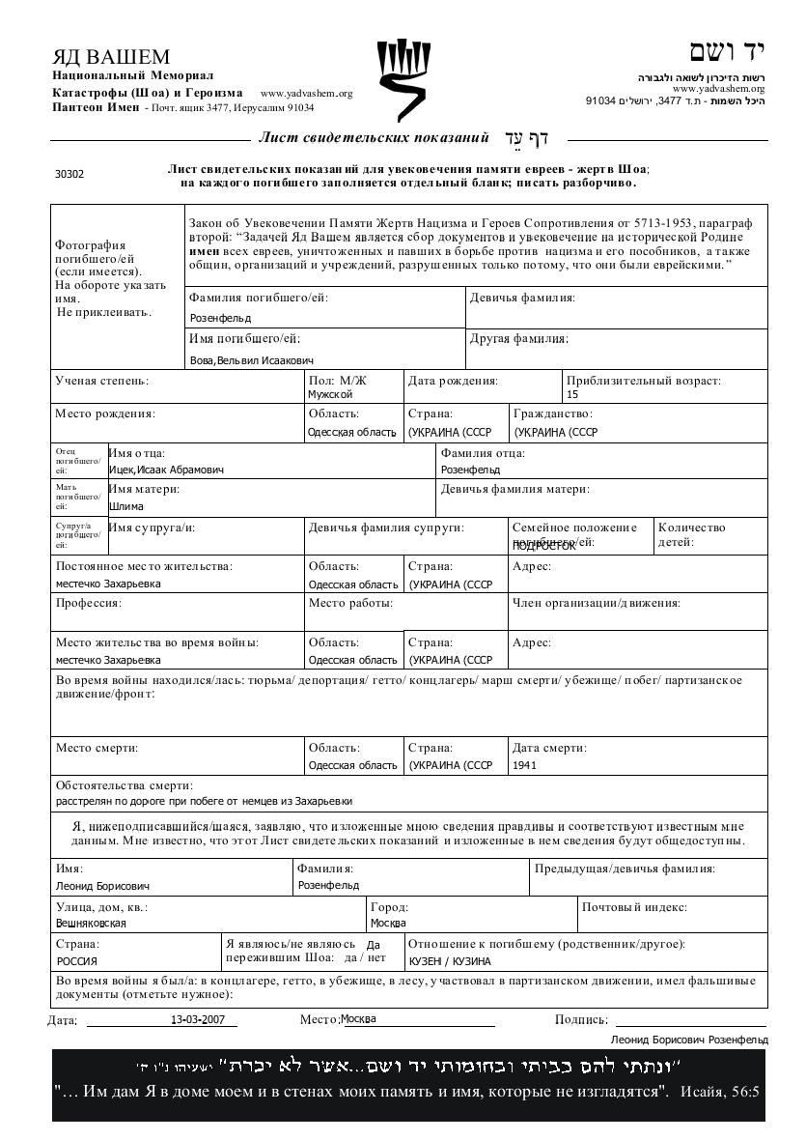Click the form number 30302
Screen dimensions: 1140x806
click(69, 175)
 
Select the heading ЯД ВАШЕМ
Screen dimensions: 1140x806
click(111, 57)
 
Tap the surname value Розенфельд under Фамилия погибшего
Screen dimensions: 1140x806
click(220, 318)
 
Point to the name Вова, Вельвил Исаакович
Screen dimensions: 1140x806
click(251, 360)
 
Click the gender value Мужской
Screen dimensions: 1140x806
click(330, 394)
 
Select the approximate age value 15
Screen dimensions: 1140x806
click(572, 394)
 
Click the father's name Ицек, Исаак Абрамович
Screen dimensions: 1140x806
click(166, 470)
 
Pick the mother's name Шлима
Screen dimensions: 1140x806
click(126, 507)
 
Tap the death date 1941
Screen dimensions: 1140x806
click(525, 765)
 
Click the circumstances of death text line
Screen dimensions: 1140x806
click(204, 801)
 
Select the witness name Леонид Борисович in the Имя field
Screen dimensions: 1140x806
click(102, 886)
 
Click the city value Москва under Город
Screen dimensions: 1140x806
click(388, 923)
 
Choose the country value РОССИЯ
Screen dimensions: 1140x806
click(76, 961)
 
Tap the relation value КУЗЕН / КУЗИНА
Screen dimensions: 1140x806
click(450, 961)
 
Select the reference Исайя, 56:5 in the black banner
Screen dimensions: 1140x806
click(720, 1093)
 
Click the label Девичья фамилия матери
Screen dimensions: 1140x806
click(514, 489)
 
